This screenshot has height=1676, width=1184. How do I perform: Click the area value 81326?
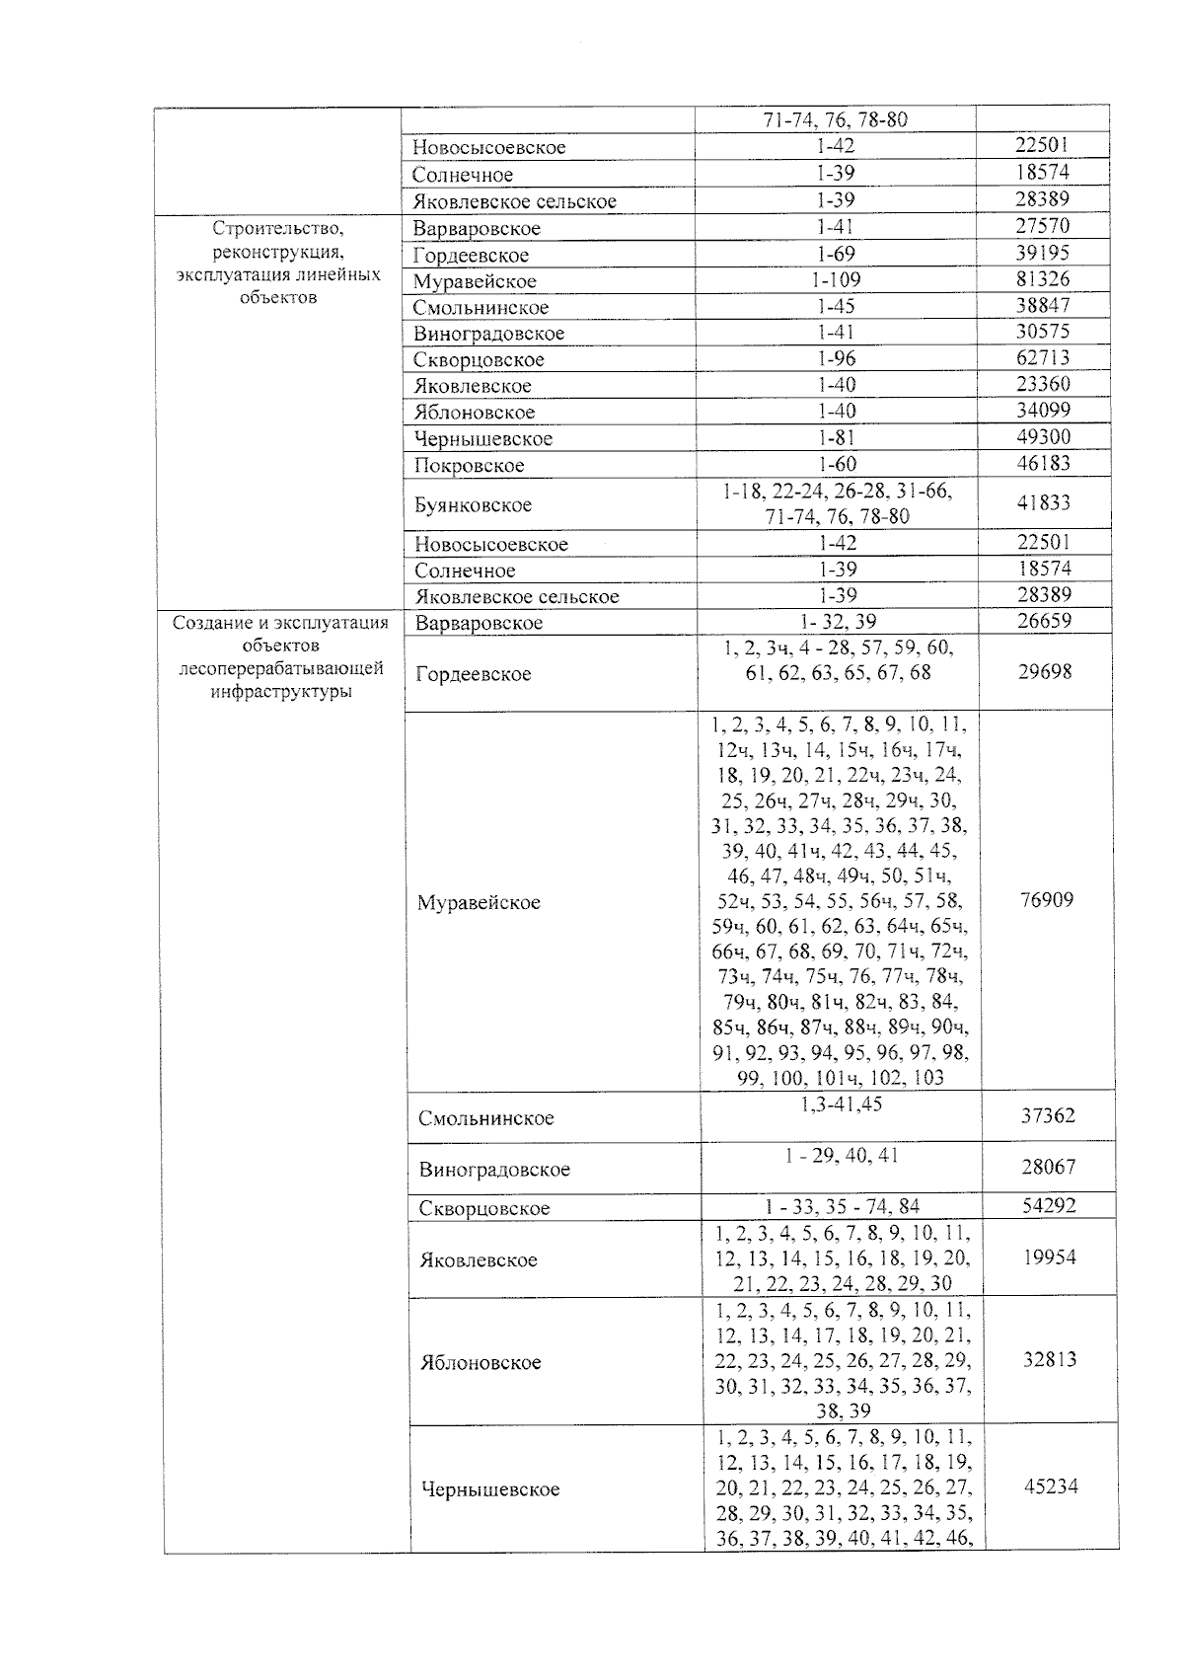(1043, 279)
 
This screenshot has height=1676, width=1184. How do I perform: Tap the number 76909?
(1047, 899)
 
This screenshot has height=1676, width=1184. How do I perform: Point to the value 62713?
(1043, 357)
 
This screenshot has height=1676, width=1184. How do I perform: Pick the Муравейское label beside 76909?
(479, 902)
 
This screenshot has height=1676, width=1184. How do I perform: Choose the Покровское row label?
(469, 465)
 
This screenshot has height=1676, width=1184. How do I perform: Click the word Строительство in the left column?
(277, 229)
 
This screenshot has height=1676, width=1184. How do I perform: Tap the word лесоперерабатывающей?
(281, 669)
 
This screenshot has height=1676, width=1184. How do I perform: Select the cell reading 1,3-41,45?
(841, 1105)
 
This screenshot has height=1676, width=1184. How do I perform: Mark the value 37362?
(1048, 1116)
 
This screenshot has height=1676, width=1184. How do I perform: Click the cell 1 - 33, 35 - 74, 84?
(842, 1206)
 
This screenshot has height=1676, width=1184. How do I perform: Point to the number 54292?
(1049, 1205)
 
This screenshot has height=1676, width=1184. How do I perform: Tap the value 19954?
(1049, 1257)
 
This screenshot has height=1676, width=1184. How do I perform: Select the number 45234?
(1051, 1486)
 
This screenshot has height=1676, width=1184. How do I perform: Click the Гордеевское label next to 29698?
(474, 674)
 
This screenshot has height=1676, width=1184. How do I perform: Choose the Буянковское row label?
(473, 505)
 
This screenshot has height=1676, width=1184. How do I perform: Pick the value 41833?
(1044, 502)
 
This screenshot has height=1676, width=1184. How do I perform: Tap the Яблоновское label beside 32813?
(480, 1362)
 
